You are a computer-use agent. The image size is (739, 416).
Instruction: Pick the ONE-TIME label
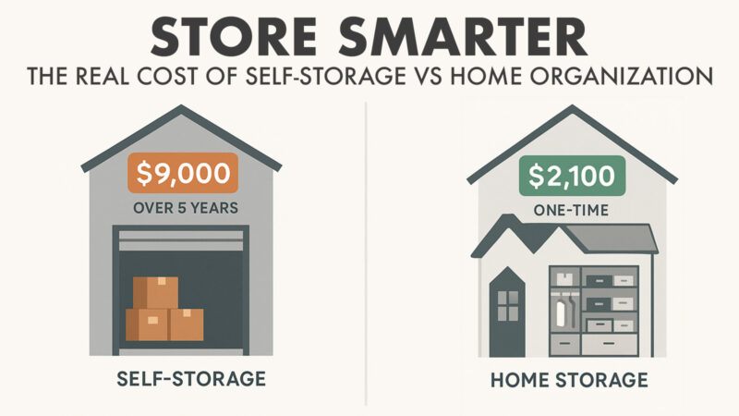(x=560, y=209)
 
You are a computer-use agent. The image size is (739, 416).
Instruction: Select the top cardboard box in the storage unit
(x=157, y=292)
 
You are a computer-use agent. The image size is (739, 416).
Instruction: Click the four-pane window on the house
(x=507, y=302)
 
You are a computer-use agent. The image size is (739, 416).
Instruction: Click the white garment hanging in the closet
(x=563, y=313)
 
